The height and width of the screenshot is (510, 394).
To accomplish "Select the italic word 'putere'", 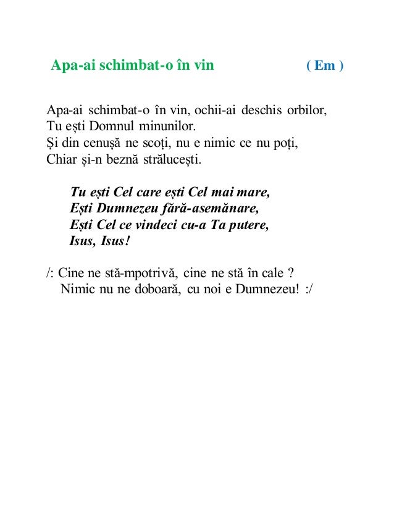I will point(249,224).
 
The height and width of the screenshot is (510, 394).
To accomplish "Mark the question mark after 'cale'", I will point(290,272).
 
